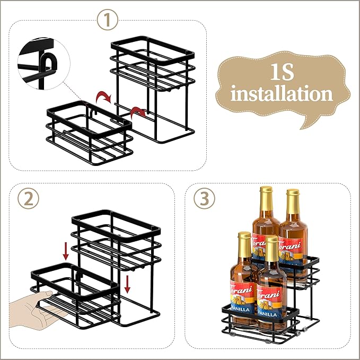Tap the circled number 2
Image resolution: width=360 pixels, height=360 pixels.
(28, 198)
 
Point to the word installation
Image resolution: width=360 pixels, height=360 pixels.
(282, 94)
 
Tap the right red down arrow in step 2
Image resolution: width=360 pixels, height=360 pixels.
(128, 283)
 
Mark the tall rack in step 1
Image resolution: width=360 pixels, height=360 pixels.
(151, 85)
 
